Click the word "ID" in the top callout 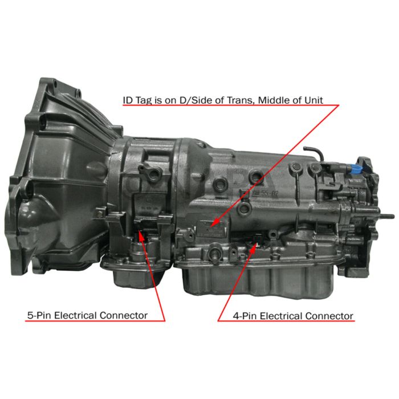(128, 100)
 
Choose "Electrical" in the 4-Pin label (283, 316)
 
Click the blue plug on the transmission (357, 170)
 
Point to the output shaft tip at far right (392, 216)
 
